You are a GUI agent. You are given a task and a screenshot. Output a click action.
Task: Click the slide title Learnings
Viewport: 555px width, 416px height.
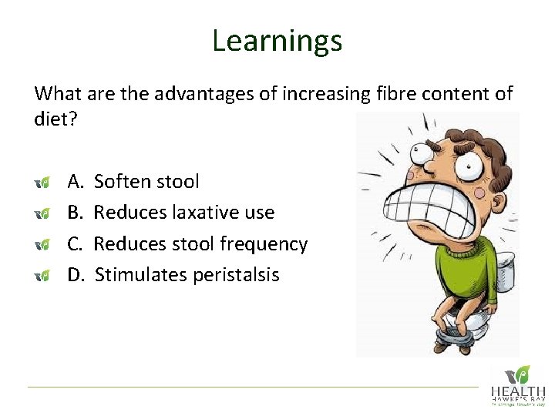pyautogui.click(x=277, y=40)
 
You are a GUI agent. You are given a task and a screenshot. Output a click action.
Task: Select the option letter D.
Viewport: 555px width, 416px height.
pyautogui.click(x=76, y=275)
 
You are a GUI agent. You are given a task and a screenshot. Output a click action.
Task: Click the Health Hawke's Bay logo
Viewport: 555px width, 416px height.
pyautogui.click(x=519, y=384)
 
